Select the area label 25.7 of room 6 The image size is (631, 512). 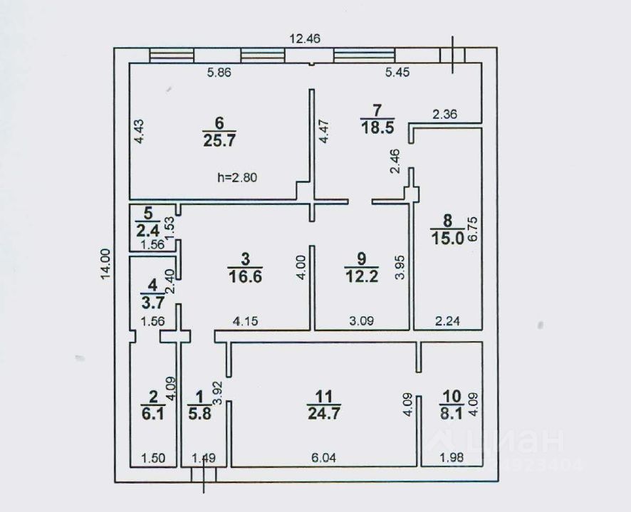point(219,140)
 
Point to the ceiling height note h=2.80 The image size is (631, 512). point(238,178)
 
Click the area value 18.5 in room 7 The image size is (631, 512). point(376,127)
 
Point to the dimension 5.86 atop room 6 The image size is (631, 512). point(220,72)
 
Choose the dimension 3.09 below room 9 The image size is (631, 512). point(360,320)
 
